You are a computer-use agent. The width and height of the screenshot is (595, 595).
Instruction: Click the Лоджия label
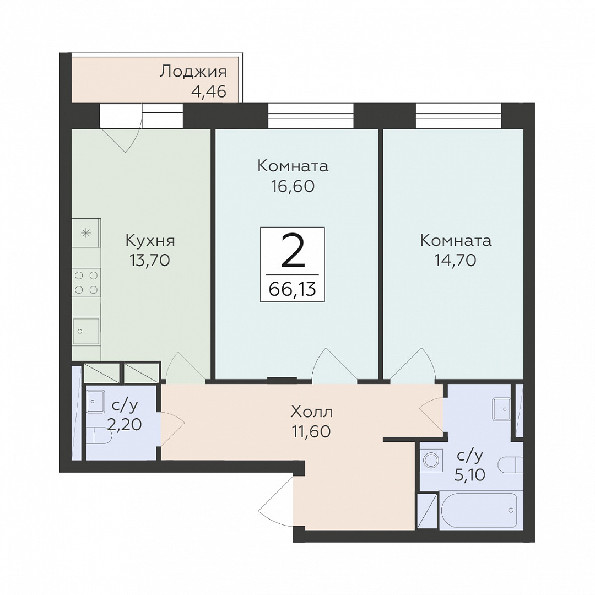point(193,72)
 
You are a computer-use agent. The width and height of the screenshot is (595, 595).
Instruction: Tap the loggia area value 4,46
point(209,91)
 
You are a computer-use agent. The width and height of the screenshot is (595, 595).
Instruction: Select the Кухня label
point(150,241)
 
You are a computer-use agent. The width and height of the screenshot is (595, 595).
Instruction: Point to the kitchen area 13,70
point(149,260)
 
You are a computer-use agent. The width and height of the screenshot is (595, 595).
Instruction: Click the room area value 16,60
point(293,186)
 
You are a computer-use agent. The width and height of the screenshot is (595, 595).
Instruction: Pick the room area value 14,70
point(455,260)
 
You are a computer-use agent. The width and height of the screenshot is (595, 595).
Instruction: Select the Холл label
point(311,412)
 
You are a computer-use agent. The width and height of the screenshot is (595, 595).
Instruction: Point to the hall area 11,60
point(311,431)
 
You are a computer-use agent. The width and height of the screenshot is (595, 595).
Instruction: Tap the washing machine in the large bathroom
point(431,460)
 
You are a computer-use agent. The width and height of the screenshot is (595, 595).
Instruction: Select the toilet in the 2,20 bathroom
point(99,436)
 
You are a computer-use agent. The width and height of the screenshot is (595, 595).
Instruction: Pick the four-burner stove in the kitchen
point(86,282)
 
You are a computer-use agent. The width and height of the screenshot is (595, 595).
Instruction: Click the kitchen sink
point(86,331)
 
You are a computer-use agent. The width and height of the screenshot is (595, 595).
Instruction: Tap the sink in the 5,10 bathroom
point(502,409)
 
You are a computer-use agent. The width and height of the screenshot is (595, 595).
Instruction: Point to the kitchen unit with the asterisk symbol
point(86,233)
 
